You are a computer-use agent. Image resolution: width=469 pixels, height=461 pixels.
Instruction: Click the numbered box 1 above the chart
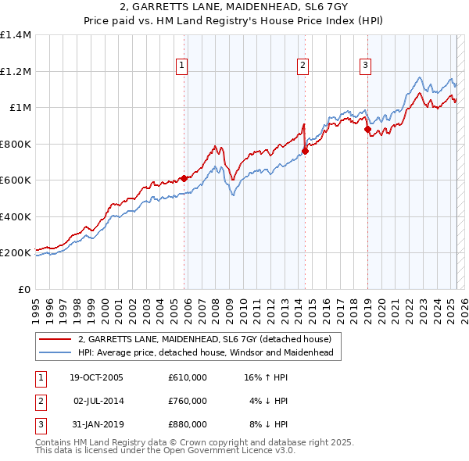point(181,66)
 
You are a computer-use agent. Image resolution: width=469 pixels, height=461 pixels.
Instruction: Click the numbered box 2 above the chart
point(303,66)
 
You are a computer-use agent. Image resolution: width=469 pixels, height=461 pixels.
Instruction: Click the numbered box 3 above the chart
point(365,66)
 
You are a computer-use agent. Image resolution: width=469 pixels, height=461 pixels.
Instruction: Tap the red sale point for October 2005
point(184,178)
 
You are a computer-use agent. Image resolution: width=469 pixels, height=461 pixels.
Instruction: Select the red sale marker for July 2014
point(305,152)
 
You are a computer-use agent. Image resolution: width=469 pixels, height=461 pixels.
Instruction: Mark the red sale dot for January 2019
point(367,130)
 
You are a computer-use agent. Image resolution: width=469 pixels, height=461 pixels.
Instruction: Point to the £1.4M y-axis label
point(16,35)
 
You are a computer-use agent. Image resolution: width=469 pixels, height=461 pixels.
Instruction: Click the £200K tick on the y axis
point(16,253)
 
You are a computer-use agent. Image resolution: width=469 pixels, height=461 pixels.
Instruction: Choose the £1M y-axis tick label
point(20,108)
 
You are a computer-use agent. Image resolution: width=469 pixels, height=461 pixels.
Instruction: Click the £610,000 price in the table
point(188,377)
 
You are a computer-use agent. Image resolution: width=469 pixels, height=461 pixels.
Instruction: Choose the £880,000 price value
point(188,424)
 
